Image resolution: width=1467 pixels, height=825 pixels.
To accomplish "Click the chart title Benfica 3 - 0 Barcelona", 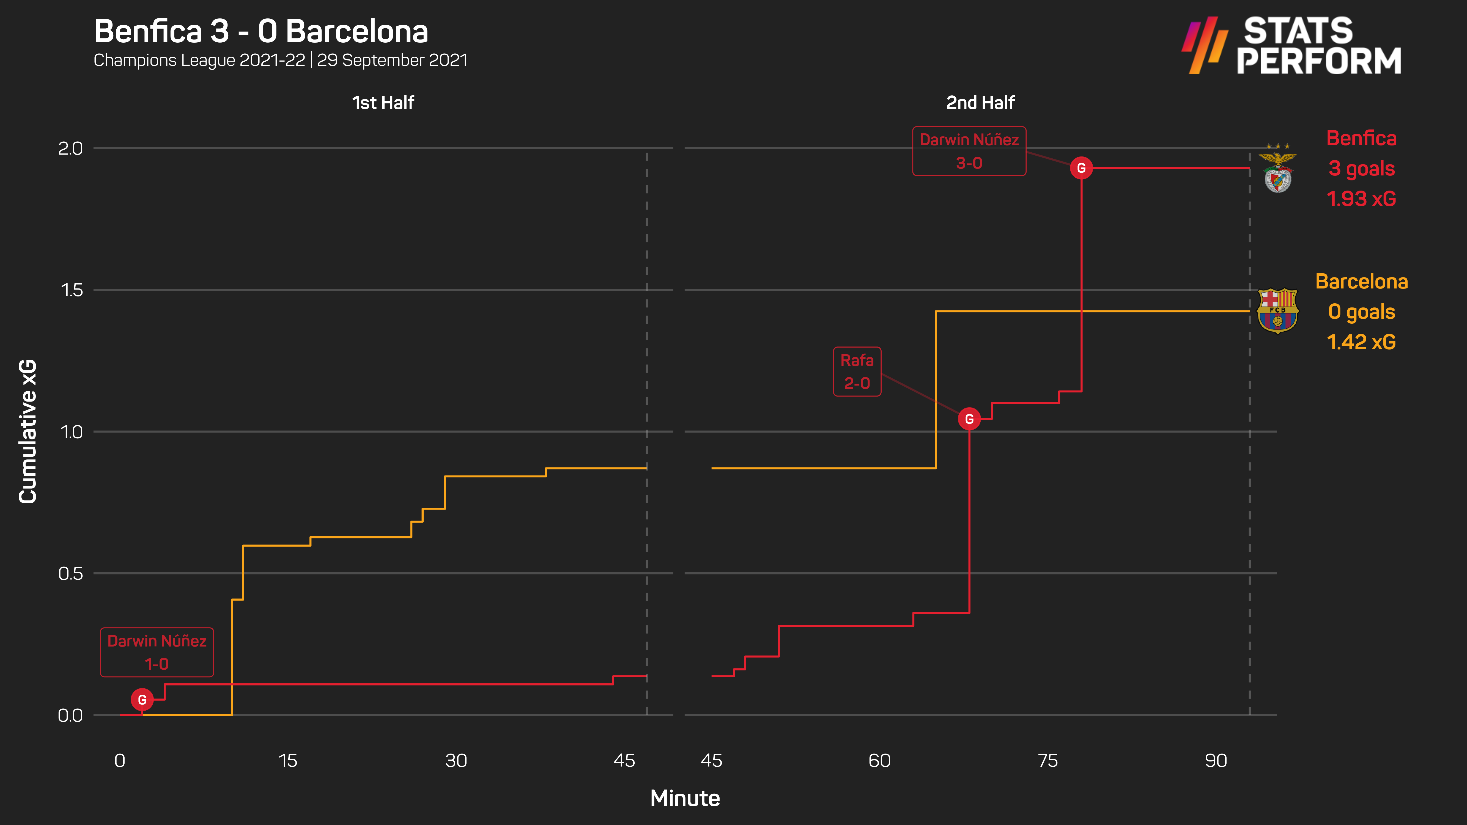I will click(261, 31).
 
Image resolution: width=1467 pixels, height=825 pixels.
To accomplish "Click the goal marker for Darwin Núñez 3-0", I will click(1081, 168).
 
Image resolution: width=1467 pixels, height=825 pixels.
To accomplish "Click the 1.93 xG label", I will click(1361, 199).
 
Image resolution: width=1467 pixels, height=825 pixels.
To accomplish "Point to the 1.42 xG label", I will click(1361, 342).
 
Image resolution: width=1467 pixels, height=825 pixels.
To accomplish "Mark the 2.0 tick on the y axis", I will click(71, 148).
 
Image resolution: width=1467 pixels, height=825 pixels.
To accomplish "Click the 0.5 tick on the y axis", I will click(71, 573).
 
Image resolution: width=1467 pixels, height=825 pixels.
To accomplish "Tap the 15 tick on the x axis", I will click(287, 761).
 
